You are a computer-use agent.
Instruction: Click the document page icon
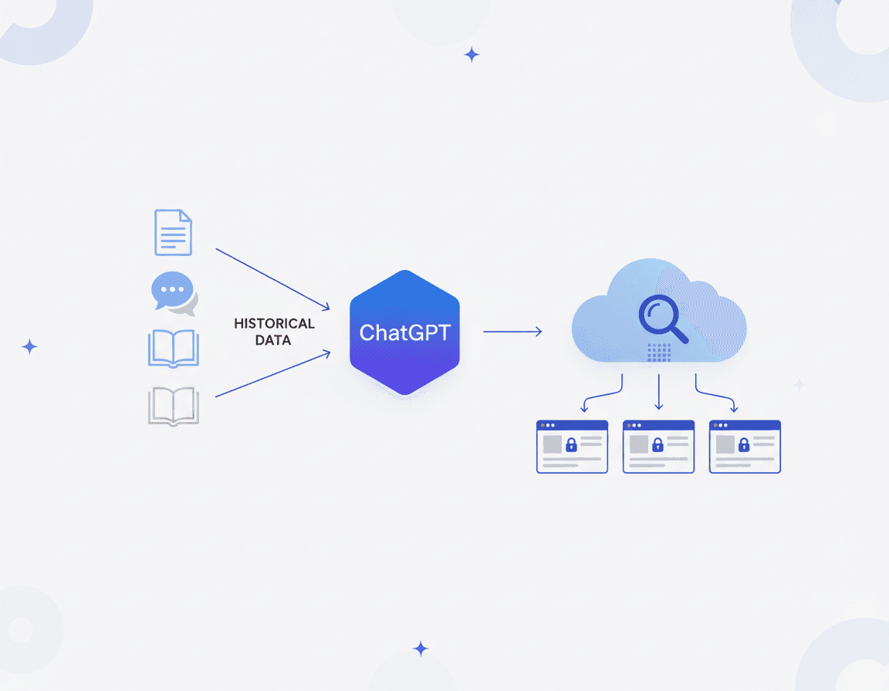pyautogui.click(x=173, y=232)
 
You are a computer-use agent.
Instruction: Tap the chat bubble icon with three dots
pyautogui.click(x=174, y=293)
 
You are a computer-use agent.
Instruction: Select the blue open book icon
pyautogui.click(x=173, y=349)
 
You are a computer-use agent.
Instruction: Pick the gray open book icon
pyautogui.click(x=173, y=406)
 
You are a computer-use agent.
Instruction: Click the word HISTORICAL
pyautogui.click(x=274, y=324)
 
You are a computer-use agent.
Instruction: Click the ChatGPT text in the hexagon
pyautogui.click(x=404, y=333)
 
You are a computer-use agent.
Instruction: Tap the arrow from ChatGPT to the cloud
pyautogui.click(x=512, y=332)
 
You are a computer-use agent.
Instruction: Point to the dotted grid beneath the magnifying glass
pyautogui.click(x=658, y=352)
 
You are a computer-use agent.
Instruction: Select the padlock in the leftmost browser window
pyautogui.click(x=572, y=445)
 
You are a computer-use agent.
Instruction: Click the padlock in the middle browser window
pyautogui.click(x=658, y=445)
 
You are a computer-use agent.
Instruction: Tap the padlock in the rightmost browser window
pyautogui.click(x=744, y=445)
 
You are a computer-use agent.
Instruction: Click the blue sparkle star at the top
pyautogui.click(x=472, y=55)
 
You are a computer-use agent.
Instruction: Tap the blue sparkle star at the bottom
pyautogui.click(x=421, y=649)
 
